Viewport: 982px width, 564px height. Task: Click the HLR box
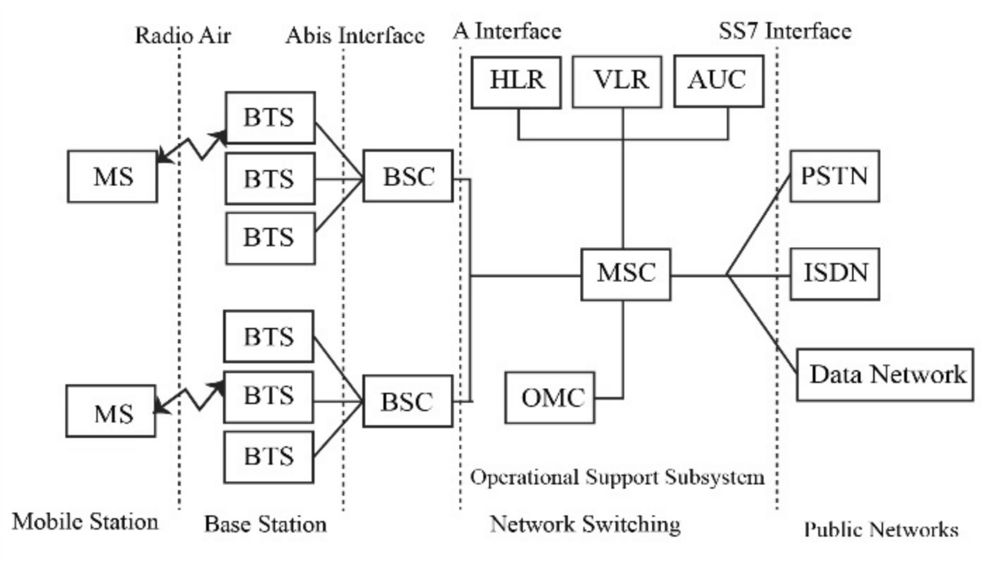[516, 82]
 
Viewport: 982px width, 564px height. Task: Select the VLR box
[617, 82]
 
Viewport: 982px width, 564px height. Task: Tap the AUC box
[718, 81]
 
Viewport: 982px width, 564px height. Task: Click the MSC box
[626, 275]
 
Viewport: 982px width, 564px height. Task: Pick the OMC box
[550, 398]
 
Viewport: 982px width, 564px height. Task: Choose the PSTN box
[834, 176]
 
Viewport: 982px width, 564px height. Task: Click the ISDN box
[834, 274]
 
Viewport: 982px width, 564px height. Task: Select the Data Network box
[885, 374]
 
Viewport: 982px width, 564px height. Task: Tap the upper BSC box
[408, 176]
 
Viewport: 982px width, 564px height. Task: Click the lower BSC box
[408, 401]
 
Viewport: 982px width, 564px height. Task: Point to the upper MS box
[113, 176]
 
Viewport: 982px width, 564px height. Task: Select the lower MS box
[111, 411]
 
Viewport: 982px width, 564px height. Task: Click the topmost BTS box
[270, 118]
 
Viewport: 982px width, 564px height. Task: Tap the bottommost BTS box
[269, 458]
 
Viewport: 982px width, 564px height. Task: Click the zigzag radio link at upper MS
[191, 147]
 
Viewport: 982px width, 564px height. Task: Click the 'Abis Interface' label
[355, 36]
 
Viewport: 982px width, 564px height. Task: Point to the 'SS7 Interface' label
[784, 31]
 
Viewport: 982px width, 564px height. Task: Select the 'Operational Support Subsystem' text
[617, 477]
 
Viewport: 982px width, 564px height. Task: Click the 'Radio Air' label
[183, 36]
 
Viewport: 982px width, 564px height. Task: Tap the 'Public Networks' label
[881, 530]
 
